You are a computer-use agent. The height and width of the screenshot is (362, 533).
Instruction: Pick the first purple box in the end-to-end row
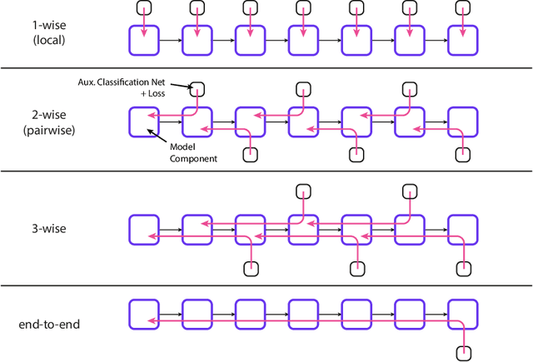[143, 313]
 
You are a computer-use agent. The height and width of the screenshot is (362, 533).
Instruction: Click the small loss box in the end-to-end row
[463, 352]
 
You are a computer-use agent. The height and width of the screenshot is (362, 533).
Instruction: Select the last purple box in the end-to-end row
[463, 313]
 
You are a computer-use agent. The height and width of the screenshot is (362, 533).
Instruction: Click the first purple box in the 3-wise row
[143, 229]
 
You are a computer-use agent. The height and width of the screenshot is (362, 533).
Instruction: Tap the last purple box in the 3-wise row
[463, 229]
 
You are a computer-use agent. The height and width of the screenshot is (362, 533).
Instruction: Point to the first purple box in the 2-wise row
[143, 122]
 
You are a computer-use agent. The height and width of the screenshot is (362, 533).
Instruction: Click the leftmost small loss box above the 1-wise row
[143, 7]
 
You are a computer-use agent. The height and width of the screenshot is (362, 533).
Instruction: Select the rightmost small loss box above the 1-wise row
[463, 7]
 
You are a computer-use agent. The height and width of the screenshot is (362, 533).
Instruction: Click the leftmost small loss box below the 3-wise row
[250, 268]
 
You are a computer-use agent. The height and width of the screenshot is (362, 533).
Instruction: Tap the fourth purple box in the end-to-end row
[303, 313]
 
